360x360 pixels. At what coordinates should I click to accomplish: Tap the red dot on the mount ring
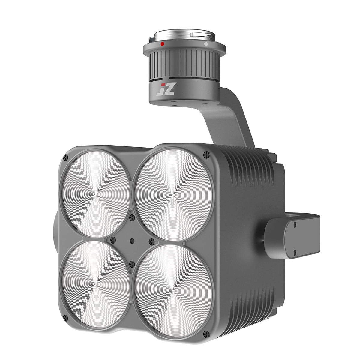[x=162, y=44]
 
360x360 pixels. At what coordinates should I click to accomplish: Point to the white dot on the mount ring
[x=206, y=44]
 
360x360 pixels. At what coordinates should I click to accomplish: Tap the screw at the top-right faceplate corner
[x=206, y=154]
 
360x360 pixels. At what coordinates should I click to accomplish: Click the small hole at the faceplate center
[x=132, y=240]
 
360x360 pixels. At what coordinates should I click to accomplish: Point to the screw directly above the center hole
[x=131, y=217]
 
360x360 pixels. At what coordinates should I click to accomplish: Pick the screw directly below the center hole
[x=131, y=264]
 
